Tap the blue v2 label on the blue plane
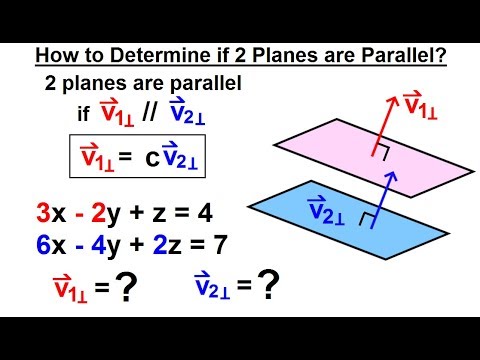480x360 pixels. (328, 212)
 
